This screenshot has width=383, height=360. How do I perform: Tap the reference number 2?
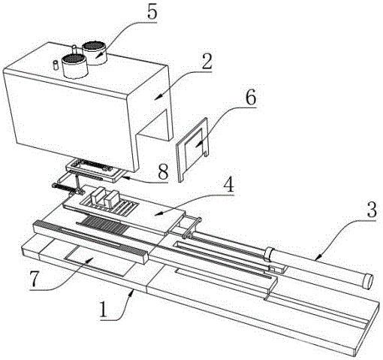[x=207, y=62]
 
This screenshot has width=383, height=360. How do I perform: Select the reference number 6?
[x=251, y=97]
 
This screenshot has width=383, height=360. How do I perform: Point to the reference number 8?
[x=163, y=172]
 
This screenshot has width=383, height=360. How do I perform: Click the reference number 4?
[x=228, y=185]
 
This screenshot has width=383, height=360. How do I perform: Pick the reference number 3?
[x=372, y=210]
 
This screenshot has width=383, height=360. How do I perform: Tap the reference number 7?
[x=35, y=279]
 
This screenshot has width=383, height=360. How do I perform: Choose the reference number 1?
[x=104, y=310]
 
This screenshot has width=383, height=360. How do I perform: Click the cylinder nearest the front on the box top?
[x=74, y=66]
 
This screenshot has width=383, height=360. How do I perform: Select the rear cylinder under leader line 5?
[x=95, y=53]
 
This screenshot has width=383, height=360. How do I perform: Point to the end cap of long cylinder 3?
[x=367, y=281]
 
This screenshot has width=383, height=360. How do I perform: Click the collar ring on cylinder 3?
[x=270, y=254]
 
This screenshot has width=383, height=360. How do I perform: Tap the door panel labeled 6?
[x=193, y=148]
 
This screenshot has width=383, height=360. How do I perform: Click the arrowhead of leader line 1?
[x=131, y=292]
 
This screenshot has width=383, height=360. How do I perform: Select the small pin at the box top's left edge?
[x=56, y=66]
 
